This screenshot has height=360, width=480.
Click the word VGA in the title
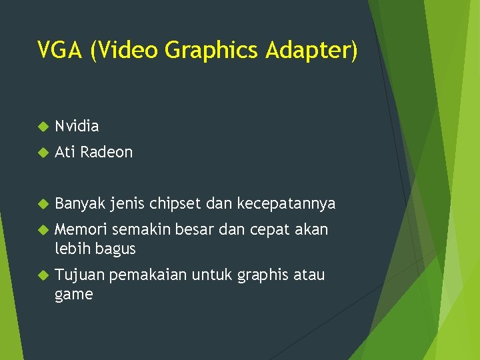[x=59, y=50]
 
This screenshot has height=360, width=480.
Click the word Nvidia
[x=77, y=126]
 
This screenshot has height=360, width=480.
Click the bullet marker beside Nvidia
[x=43, y=127]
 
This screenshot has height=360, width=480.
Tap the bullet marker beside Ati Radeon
[x=43, y=153]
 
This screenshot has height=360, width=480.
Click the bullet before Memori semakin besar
[x=43, y=230]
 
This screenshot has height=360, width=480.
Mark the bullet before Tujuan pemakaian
[x=43, y=275]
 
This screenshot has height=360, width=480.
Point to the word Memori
[x=81, y=230]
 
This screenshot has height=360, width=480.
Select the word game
[x=73, y=294]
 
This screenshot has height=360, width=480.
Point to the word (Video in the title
[x=125, y=50]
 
